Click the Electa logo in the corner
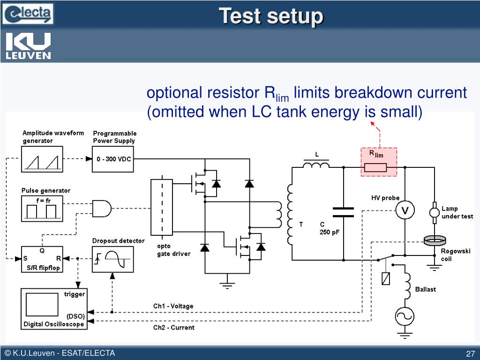click(28, 14)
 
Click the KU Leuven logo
click(28, 45)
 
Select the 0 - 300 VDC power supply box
click(113, 159)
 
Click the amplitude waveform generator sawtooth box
click(42, 159)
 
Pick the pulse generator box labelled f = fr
click(42, 209)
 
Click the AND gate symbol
click(102, 209)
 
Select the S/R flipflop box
click(42, 259)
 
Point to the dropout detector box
click(113, 259)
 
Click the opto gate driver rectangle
click(162, 207)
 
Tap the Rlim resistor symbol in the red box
click(375, 168)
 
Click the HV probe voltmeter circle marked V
click(405, 210)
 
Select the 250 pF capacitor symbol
click(343, 212)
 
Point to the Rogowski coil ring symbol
click(435, 241)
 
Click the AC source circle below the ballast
click(405, 316)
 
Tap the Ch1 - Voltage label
click(173, 306)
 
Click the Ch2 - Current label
click(174, 328)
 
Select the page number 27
click(470, 353)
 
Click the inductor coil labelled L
click(316, 165)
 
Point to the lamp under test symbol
click(434, 212)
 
